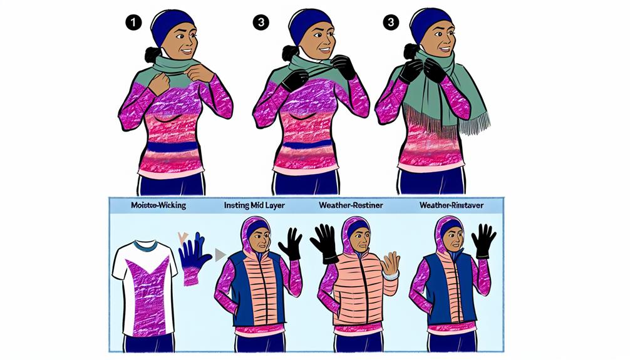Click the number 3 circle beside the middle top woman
pos(260,23)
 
